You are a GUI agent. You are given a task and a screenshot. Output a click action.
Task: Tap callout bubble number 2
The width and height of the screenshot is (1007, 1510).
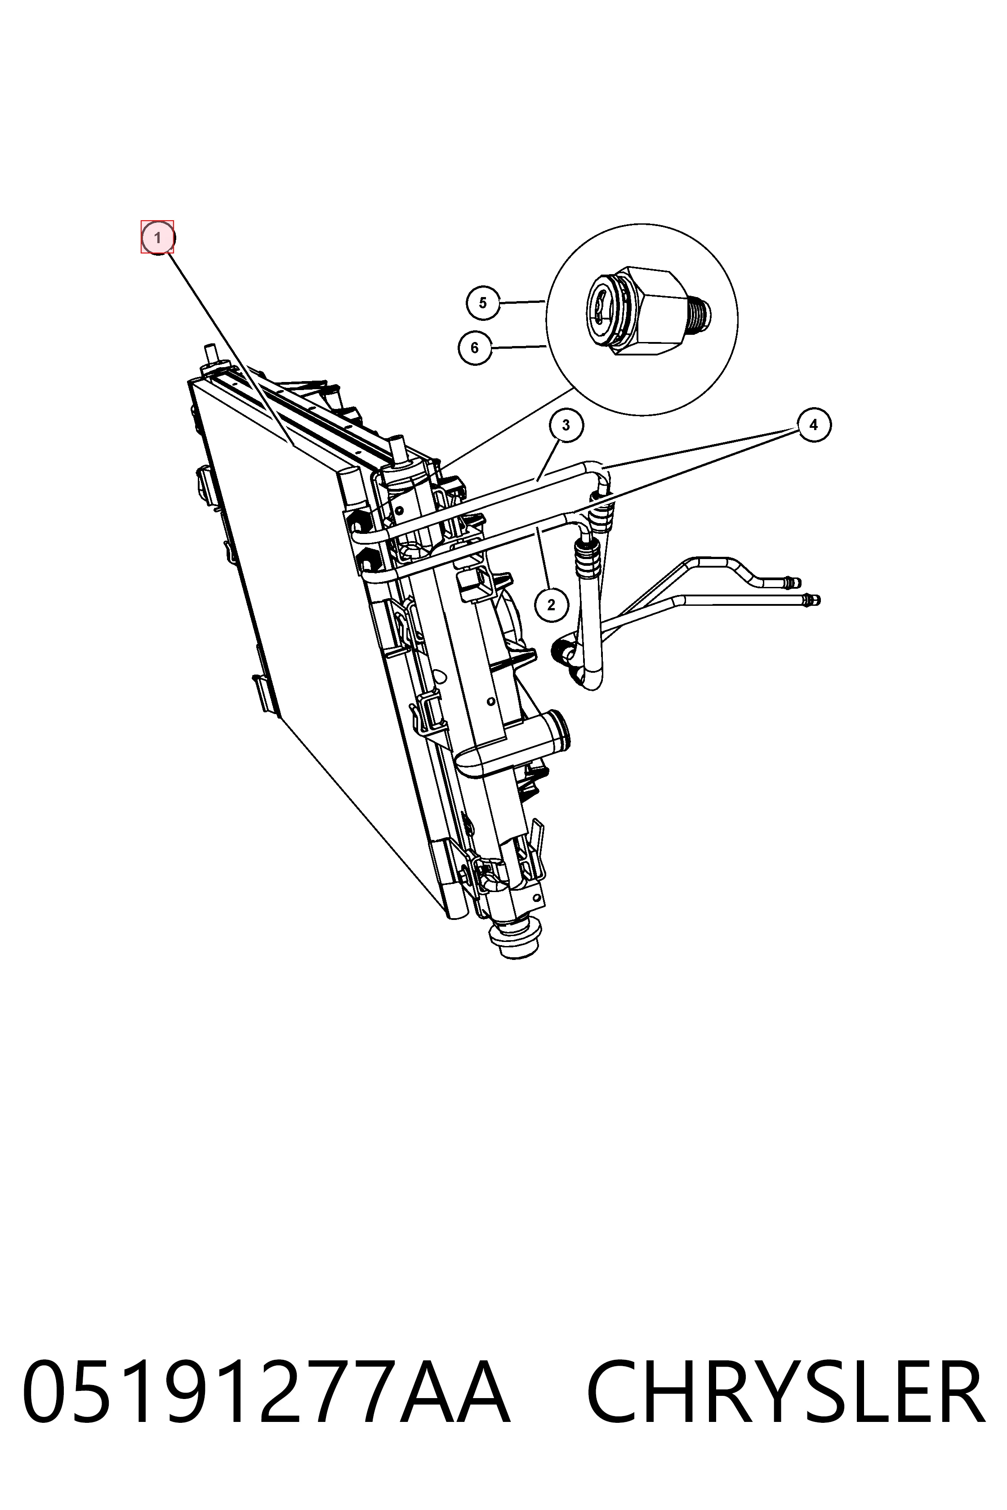pyautogui.click(x=551, y=605)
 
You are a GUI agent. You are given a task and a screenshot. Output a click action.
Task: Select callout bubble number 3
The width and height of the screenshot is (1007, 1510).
pyautogui.click(x=566, y=425)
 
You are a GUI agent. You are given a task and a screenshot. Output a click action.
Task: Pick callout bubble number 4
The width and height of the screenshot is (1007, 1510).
pyautogui.click(x=814, y=425)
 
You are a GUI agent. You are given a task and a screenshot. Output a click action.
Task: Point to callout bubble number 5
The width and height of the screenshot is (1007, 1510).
pyautogui.click(x=483, y=302)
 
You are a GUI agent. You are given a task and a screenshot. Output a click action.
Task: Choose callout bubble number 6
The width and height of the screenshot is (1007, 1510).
pyautogui.click(x=475, y=348)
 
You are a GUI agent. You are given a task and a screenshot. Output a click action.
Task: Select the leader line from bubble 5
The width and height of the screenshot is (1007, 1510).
pyautogui.click(x=523, y=302)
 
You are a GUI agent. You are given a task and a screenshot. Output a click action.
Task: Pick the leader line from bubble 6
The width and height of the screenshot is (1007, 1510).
pyautogui.click(x=519, y=347)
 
